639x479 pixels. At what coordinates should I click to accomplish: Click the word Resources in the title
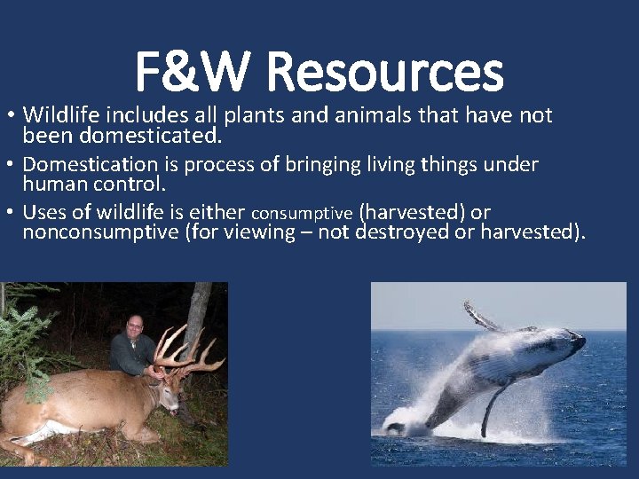tap(397, 72)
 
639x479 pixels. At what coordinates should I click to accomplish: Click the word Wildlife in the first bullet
tap(59, 115)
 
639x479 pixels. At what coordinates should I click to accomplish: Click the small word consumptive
tap(303, 214)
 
